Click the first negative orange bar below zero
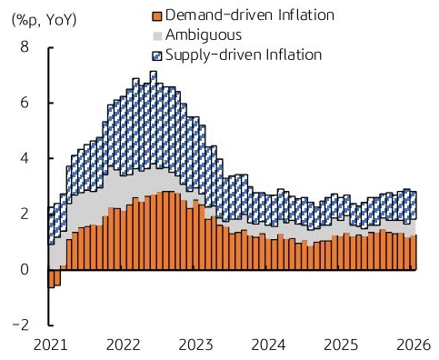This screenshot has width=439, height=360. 51,278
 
